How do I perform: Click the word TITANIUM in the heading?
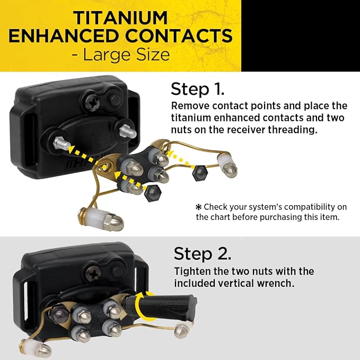tap(120, 18)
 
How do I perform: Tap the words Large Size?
tap(126, 55)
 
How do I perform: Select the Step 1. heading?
tap(197, 89)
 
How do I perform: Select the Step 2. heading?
tap(203, 254)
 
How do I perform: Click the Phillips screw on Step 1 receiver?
tap(93, 104)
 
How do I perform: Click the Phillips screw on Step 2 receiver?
tap(94, 274)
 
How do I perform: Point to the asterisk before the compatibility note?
tap(198, 207)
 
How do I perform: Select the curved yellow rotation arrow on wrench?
tap(142, 304)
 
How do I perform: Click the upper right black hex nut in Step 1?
tap(199, 172)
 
